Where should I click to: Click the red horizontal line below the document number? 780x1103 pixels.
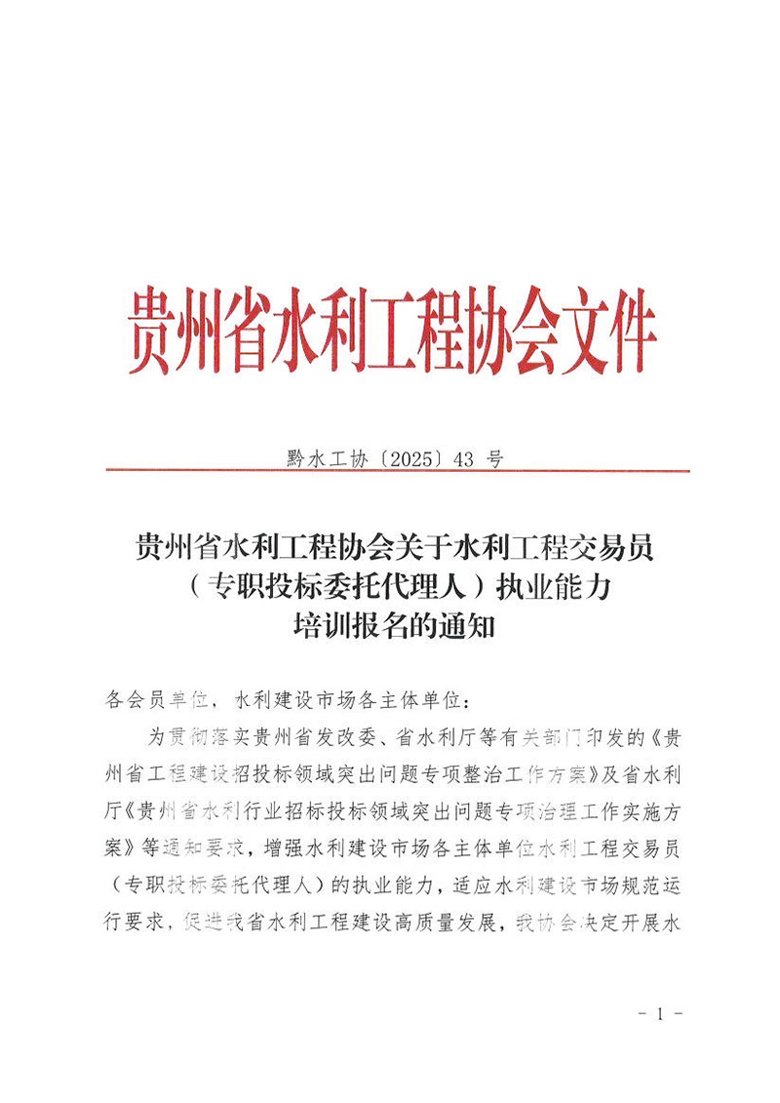(x=390, y=471)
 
